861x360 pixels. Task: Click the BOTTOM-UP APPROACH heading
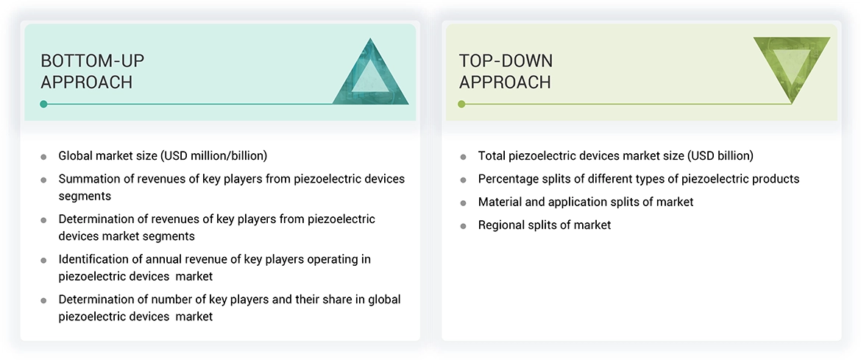[x=86, y=71]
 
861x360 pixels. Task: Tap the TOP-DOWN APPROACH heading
[x=506, y=71]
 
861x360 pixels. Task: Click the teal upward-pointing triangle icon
[x=370, y=74]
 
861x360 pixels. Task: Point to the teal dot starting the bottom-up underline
[x=43, y=104]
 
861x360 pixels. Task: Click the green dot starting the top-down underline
[x=461, y=104]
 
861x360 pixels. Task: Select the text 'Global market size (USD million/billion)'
[x=163, y=156]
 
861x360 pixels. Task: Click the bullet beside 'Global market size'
[x=43, y=157]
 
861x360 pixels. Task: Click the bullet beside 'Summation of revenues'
[x=43, y=180]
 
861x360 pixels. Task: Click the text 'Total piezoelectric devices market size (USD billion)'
[x=615, y=156]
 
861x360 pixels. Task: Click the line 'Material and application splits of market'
[x=585, y=202]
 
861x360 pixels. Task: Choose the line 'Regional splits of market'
[x=544, y=225]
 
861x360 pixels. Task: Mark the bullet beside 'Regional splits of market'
[x=463, y=226]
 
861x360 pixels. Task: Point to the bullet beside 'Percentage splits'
[x=463, y=180]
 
